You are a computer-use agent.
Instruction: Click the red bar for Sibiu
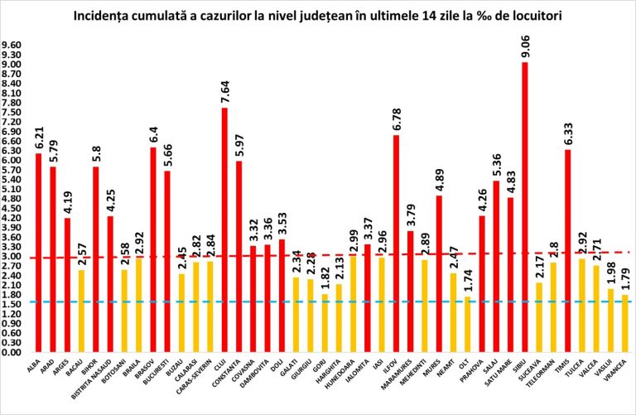point(525,207)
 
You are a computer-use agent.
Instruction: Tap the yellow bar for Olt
point(468,324)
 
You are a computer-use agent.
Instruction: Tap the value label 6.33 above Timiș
point(568,133)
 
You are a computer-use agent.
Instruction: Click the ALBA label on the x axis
point(36,365)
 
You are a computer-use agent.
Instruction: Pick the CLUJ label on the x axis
point(222,365)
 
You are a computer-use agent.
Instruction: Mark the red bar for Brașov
point(153,249)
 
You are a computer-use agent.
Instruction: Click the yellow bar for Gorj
point(325,323)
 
